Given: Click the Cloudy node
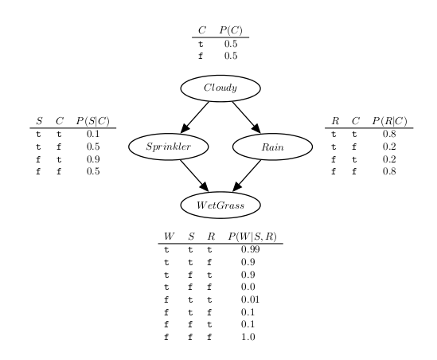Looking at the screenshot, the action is coord(220,88).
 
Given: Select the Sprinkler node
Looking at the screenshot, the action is coord(168,147).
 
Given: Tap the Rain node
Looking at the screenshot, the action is coord(272,147).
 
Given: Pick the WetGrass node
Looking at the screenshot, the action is coord(220,205).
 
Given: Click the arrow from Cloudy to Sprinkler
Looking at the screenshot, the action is coord(194,117).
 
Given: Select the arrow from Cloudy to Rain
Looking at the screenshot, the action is coord(247,117).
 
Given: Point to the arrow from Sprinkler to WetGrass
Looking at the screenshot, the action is coord(194,176).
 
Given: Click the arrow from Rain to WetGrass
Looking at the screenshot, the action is coord(247,176).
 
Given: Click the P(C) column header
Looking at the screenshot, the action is coord(231,30).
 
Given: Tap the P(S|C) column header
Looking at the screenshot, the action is coord(93,121).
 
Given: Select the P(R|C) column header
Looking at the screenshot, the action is coord(389,121).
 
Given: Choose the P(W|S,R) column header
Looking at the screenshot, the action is coord(252,237).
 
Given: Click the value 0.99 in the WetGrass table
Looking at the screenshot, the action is coord(250,249).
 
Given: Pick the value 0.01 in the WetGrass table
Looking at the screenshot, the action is coord(250,299).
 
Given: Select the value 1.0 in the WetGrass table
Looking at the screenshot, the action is coord(248,337).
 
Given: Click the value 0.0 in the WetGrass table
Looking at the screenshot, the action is coord(248,287).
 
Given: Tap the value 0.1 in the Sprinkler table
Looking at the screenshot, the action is coord(93,134).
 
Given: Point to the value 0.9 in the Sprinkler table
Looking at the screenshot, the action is coord(93,159).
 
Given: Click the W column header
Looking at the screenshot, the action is coord(170,237).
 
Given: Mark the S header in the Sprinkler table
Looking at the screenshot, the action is coord(39,121).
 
